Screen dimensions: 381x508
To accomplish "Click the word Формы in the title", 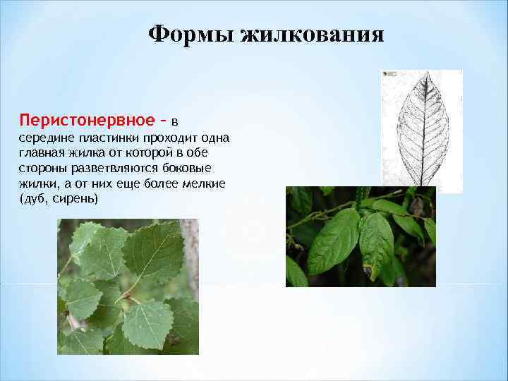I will pos(192,35).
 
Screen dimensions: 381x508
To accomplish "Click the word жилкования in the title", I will pos(313,35).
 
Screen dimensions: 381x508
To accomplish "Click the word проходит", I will pos(169,137).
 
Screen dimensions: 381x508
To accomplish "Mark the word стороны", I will pos(41,168).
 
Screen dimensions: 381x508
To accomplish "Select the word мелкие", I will pos(205,183).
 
